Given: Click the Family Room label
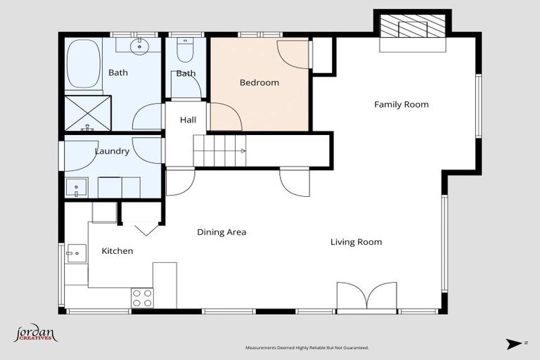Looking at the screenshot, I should [401, 105].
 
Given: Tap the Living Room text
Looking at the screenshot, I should [356, 242].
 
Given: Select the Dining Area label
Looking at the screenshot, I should [221, 232].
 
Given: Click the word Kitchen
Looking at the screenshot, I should [117, 251].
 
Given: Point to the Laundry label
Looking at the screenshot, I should [112, 151].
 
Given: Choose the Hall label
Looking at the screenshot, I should [188, 120].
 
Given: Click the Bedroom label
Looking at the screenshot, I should [259, 83].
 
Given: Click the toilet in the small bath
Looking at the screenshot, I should [186, 51].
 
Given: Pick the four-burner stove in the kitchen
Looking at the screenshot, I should [143, 298].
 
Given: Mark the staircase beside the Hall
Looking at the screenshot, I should [219, 149].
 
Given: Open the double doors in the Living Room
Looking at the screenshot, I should [366, 296].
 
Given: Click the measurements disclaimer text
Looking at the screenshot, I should [306, 347].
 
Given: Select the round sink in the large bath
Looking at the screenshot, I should [140, 47].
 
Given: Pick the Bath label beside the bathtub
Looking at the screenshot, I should [118, 72].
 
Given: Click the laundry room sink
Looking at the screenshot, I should [75, 188].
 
